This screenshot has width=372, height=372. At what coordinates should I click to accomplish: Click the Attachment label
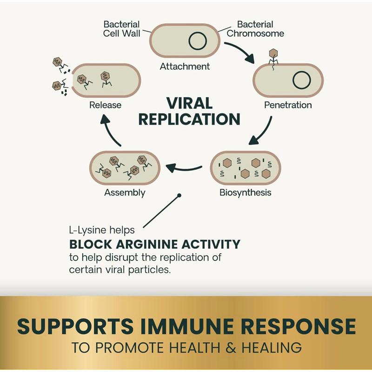(x=185, y=66)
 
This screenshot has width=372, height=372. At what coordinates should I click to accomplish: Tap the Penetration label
(x=288, y=105)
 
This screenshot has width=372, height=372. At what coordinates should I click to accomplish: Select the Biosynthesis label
(x=246, y=193)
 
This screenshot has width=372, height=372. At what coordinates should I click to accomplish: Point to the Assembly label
(x=125, y=193)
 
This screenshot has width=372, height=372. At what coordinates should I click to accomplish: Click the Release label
(x=106, y=105)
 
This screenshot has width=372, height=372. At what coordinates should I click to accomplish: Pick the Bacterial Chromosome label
(x=255, y=29)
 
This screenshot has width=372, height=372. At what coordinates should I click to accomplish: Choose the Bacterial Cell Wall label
(x=122, y=29)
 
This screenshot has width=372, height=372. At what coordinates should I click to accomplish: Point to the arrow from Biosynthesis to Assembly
(x=184, y=168)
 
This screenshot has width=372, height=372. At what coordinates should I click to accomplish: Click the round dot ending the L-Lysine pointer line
(x=179, y=195)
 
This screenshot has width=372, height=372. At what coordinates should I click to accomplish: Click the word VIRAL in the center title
(x=189, y=103)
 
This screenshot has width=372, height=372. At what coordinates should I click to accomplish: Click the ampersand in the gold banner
(x=231, y=348)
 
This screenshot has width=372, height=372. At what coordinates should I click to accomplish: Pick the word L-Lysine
(x=87, y=230)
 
